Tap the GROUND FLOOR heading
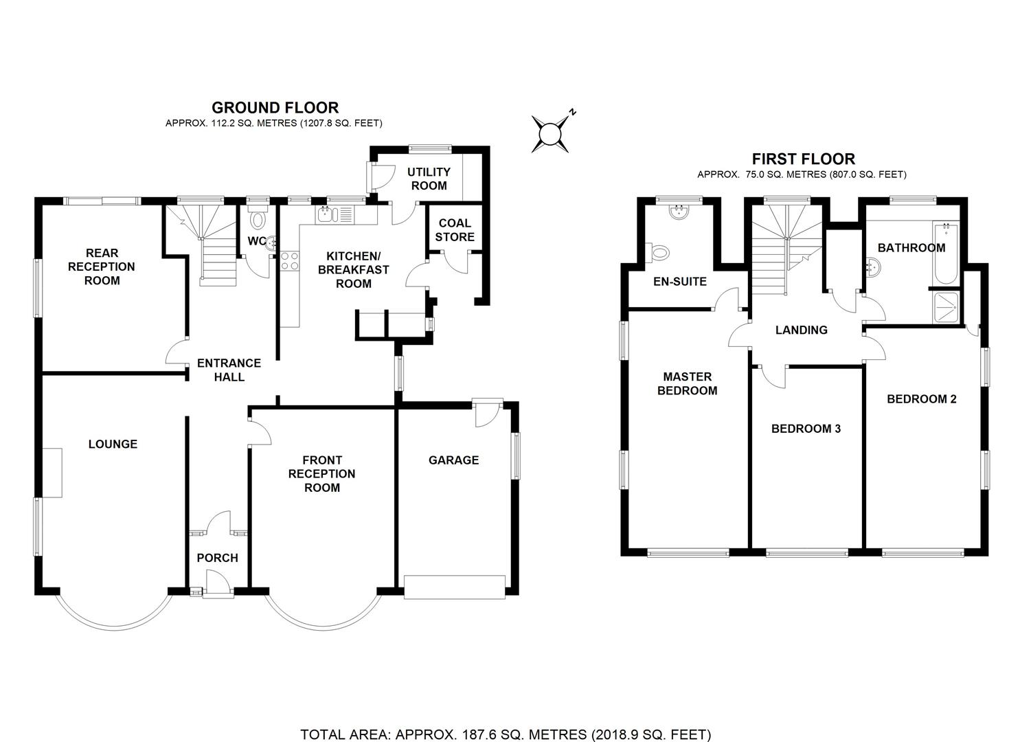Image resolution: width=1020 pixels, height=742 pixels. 275,108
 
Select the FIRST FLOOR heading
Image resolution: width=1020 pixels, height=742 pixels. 803,159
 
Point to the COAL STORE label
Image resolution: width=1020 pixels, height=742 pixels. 455,230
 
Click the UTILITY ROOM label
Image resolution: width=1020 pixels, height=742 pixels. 429,179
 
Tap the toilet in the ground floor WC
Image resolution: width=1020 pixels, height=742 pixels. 258,219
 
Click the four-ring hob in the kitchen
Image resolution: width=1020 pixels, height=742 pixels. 290,260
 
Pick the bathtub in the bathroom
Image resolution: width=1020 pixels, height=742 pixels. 946,254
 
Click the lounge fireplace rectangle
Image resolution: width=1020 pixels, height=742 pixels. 52,473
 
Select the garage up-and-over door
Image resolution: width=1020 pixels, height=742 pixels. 455,587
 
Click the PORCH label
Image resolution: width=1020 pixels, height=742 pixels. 217,558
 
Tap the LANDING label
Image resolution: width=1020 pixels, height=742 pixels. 802,330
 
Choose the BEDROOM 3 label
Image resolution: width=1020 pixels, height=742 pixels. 806,429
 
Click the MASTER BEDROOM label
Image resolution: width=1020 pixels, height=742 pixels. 687,383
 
